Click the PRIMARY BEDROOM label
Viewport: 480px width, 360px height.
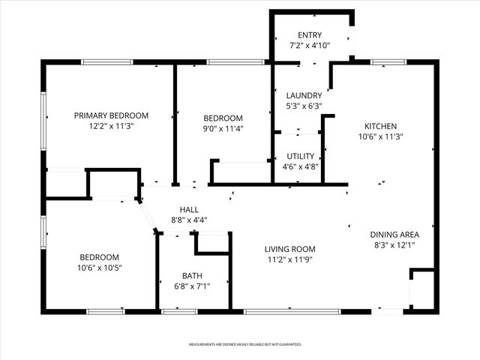pos(111,115)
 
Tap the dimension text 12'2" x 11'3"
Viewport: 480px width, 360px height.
pos(111,127)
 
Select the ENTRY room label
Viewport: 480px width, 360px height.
pos(310,35)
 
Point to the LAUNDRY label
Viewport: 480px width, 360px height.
pos(304,95)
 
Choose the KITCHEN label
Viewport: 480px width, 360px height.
pos(380,126)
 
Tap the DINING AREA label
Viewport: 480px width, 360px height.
pos(394,234)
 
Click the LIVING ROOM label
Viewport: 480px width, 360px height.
pos(289,249)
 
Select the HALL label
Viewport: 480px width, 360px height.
pos(189,209)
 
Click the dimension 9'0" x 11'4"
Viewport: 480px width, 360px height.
pos(223,128)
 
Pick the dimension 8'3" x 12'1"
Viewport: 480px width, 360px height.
pos(394,244)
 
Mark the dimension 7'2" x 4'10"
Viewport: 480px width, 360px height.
pos(310,46)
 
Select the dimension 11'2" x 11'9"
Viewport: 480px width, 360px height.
pos(289,259)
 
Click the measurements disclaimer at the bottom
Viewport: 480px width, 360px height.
pos(244,344)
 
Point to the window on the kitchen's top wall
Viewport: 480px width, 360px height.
pos(388,62)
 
